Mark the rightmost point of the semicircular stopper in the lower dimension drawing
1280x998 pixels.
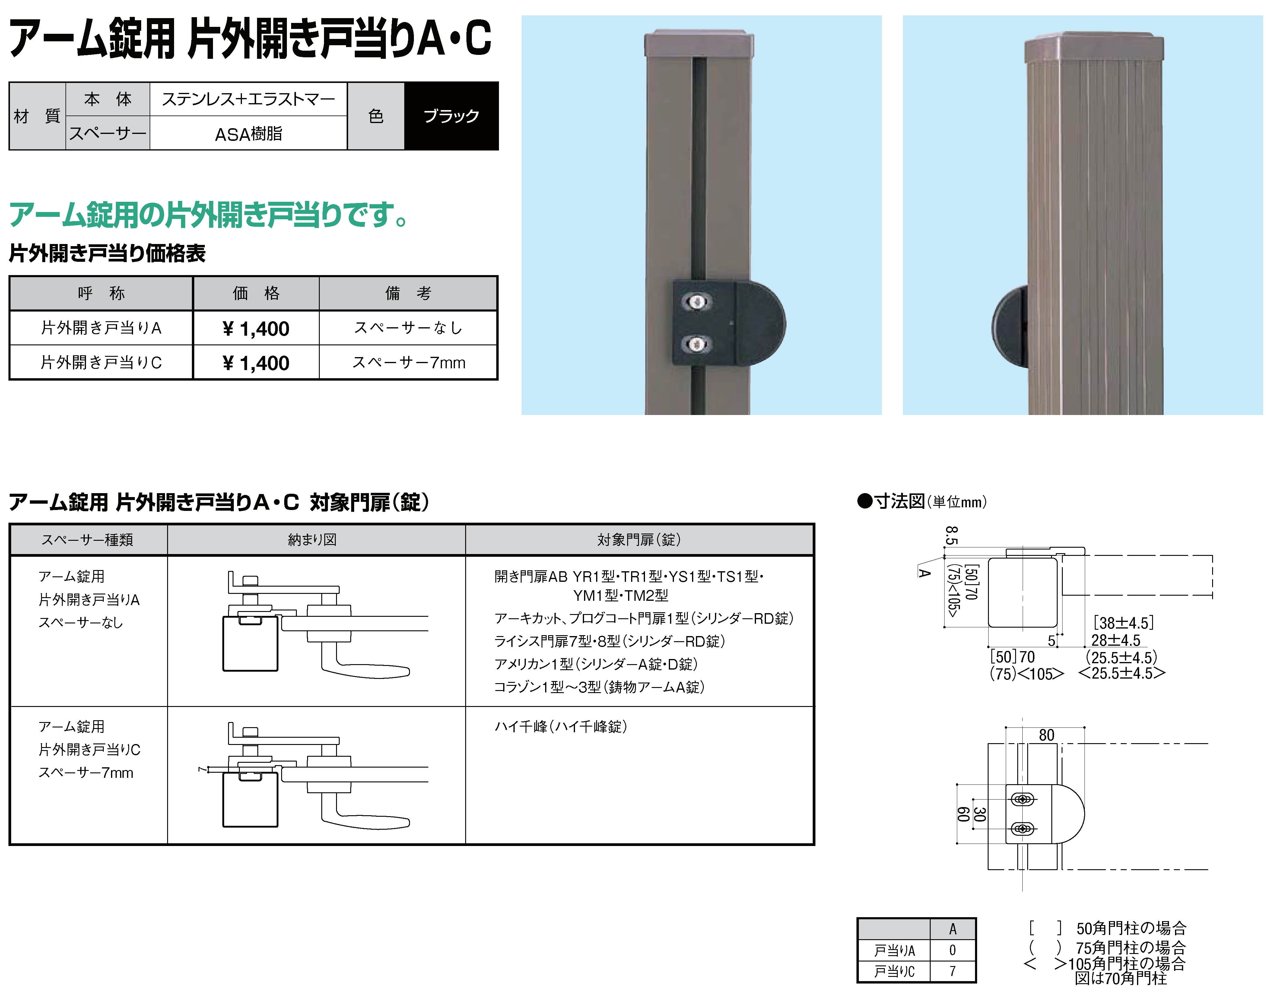pos(1085,814)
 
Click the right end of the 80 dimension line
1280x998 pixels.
pos(1084,727)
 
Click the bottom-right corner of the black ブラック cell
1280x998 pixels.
pos(498,149)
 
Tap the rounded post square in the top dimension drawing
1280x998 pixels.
pos(1023,592)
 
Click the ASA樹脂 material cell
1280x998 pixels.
pos(249,134)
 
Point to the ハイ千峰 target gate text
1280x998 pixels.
pos(561,727)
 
